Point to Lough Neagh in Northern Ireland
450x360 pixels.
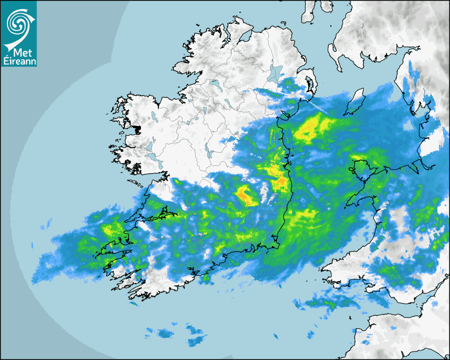[x=276, y=73]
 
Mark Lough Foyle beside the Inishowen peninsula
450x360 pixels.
[x=245, y=35]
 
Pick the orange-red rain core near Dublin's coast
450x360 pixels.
[x=281, y=183]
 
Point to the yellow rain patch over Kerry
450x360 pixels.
[x=112, y=230]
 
